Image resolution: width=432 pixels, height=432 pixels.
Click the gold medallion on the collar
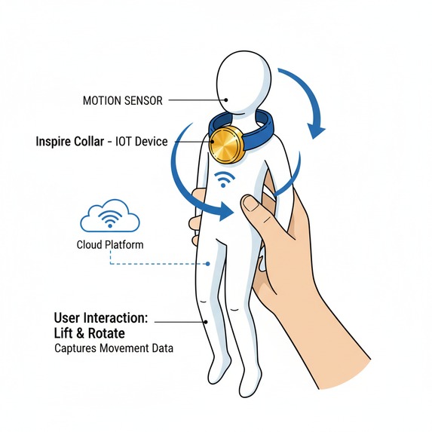tap(226, 146)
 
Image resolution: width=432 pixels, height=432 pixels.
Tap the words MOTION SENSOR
tap(123, 100)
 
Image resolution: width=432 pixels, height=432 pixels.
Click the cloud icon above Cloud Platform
tap(110, 215)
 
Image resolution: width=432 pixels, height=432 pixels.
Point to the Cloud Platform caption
tap(110, 245)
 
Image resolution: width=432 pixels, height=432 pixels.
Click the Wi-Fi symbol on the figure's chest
tap(225, 179)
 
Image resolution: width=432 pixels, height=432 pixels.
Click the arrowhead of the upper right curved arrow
tap(316, 131)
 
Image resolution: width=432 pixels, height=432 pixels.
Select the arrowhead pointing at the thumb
tap(225, 212)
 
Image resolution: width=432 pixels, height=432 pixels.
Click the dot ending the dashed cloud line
tap(208, 264)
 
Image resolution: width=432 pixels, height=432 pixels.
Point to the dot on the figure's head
tap(226, 100)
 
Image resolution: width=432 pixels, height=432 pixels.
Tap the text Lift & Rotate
tap(89, 333)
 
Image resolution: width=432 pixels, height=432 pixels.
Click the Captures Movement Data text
tap(114, 348)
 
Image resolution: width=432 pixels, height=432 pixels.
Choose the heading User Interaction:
tap(101, 317)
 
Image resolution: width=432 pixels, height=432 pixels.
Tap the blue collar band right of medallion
tap(259, 130)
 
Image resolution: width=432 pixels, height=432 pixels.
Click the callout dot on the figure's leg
tap(206, 322)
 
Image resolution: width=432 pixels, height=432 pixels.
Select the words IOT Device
tap(141, 142)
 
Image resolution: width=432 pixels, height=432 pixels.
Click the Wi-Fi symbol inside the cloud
tap(110, 219)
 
